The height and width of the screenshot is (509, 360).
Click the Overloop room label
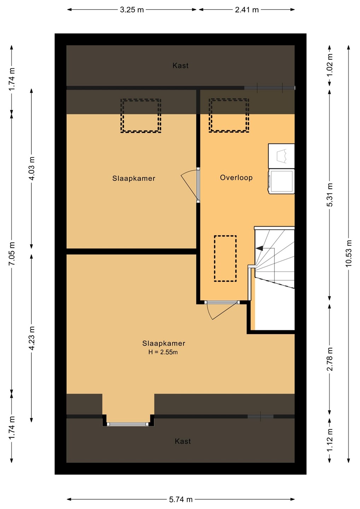[236, 177]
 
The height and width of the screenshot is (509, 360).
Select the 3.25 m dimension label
[132, 10]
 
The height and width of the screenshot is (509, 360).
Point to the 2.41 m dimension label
[247, 10]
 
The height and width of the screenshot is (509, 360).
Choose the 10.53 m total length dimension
[349, 253]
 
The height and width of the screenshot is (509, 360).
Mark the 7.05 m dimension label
[12, 253]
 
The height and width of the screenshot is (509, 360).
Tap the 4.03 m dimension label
[31, 168]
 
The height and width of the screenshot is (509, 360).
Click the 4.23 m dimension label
[31, 338]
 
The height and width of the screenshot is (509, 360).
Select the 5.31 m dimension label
[330, 194]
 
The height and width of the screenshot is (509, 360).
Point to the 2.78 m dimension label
[330, 359]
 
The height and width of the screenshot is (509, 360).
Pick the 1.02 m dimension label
[330, 65]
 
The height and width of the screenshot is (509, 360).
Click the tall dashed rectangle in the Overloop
[225, 258]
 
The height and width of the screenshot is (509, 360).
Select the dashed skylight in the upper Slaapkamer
[141, 116]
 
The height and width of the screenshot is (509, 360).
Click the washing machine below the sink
[281, 181]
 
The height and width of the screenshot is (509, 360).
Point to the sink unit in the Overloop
[281, 156]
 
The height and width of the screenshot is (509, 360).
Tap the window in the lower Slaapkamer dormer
[128, 424]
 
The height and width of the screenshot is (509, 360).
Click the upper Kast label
[180, 66]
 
